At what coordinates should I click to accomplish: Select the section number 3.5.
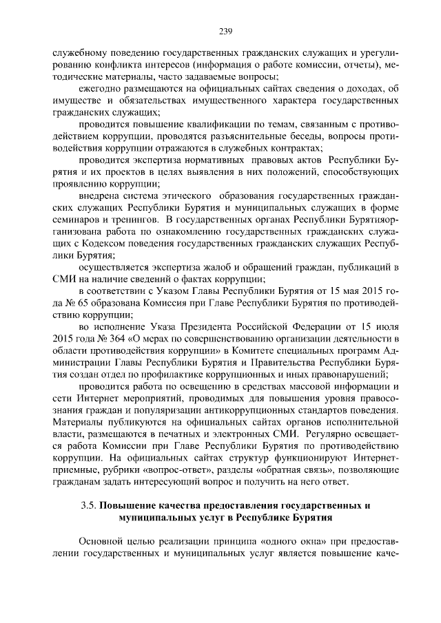88,506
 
